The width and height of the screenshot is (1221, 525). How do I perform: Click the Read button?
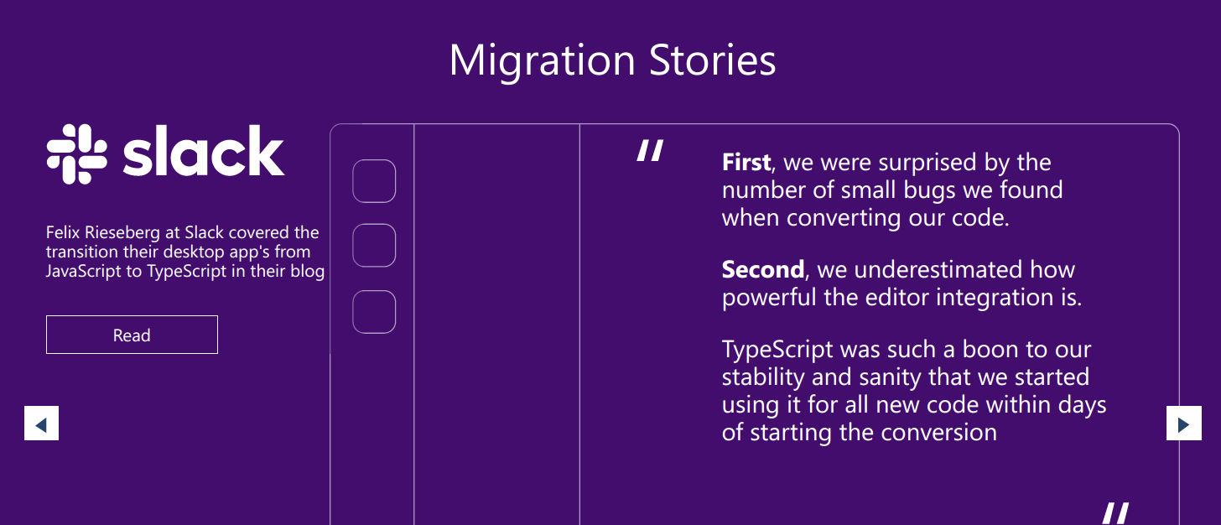coord(132,335)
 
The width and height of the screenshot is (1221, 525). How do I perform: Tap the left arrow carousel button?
coord(41,423)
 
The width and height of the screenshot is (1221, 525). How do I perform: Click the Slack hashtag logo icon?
coord(77,154)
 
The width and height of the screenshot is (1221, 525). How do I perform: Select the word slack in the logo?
coord(203,151)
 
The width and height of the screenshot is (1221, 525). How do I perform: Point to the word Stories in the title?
coord(713,60)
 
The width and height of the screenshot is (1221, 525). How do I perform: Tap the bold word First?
coord(746,162)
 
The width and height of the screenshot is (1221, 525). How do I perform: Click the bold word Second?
coord(763,269)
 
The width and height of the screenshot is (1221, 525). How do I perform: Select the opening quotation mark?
coord(650,150)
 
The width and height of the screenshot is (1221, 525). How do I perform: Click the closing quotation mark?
coord(1115,513)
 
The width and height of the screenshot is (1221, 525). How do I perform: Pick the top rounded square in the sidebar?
coord(374,181)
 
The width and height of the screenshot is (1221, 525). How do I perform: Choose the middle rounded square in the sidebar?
coord(374,246)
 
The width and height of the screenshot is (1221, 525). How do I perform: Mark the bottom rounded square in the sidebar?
coord(374,312)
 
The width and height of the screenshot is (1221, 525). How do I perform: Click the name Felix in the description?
coord(63,232)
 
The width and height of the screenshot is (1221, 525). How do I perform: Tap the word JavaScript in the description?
coord(83,272)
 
